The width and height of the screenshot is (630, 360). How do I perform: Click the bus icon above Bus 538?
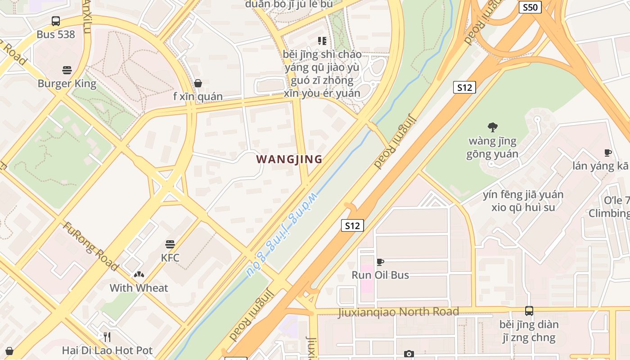tap(55, 21)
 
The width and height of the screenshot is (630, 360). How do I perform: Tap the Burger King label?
tap(67, 84)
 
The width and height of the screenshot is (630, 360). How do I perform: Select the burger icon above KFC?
tap(170, 244)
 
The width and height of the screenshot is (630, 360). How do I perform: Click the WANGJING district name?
tap(289, 159)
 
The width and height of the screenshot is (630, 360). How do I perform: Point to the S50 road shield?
tap(530, 7)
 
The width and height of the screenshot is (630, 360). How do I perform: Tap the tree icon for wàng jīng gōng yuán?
tap(493, 127)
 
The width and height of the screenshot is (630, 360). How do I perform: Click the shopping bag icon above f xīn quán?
tap(198, 83)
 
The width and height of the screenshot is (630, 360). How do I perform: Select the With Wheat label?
tap(139, 288)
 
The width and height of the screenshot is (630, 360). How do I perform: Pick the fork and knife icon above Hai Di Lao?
tap(107, 337)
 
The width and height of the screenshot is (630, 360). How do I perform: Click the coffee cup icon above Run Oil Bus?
tap(380, 262)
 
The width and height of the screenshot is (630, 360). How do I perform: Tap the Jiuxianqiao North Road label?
tap(398, 312)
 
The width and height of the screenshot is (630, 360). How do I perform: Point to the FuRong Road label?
tap(90, 246)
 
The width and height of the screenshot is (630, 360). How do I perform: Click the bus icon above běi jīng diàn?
tap(529, 311)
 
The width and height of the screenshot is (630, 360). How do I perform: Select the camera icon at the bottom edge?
tap(409, 354)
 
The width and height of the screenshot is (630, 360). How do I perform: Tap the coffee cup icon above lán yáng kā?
tap(608, 153)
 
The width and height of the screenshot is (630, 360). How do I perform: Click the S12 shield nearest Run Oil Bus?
tap(352, 225)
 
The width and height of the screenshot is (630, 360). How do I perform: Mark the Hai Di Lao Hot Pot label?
tap(107, 350)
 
